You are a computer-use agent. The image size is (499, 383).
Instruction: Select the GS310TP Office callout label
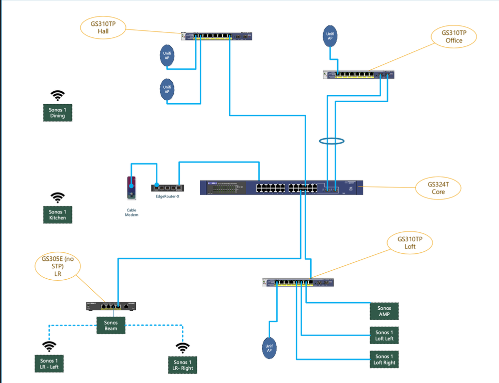454,36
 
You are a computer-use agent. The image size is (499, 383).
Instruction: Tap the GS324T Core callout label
438,188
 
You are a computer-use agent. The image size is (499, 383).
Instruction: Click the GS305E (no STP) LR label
57,267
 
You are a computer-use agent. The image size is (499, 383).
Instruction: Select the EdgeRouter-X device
167,188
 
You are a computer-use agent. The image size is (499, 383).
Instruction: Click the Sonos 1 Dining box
57,112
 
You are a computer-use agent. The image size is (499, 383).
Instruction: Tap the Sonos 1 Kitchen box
57,215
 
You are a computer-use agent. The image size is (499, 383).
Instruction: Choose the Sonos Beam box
111,326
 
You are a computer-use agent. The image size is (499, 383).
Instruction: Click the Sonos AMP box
384,311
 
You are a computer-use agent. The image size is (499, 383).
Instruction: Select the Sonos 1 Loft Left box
384,336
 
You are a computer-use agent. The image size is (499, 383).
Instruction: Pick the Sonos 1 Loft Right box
384,360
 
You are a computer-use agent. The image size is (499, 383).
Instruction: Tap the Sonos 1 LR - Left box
49,364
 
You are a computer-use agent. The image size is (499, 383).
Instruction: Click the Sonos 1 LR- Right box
182,365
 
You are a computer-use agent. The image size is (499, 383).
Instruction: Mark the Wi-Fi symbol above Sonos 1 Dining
58,95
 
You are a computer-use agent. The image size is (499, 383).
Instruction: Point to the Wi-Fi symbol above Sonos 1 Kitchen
58,198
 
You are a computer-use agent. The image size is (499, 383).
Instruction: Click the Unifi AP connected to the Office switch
330,36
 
